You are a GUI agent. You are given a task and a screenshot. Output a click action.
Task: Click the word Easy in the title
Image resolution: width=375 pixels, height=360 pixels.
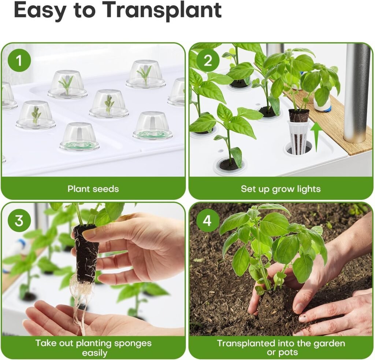point(38,11)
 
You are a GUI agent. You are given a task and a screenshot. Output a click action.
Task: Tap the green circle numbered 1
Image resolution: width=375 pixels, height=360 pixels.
point(18,61)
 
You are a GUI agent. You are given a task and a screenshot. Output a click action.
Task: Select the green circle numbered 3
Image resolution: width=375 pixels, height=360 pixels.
point(18,221)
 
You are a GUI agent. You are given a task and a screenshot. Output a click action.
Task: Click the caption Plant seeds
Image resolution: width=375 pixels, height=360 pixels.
point(93,189)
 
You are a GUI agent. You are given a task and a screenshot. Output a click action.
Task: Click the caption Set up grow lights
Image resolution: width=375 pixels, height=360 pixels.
point(281,189)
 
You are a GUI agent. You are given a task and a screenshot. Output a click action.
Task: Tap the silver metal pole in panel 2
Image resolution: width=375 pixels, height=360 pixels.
point(356,92)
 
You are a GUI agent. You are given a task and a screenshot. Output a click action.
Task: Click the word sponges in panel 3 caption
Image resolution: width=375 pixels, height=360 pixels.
point(132,344)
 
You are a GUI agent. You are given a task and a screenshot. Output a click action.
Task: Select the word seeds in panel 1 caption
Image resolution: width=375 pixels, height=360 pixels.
point(106,189)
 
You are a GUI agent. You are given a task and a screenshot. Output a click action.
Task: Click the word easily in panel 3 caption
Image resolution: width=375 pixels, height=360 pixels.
point(94,353)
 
